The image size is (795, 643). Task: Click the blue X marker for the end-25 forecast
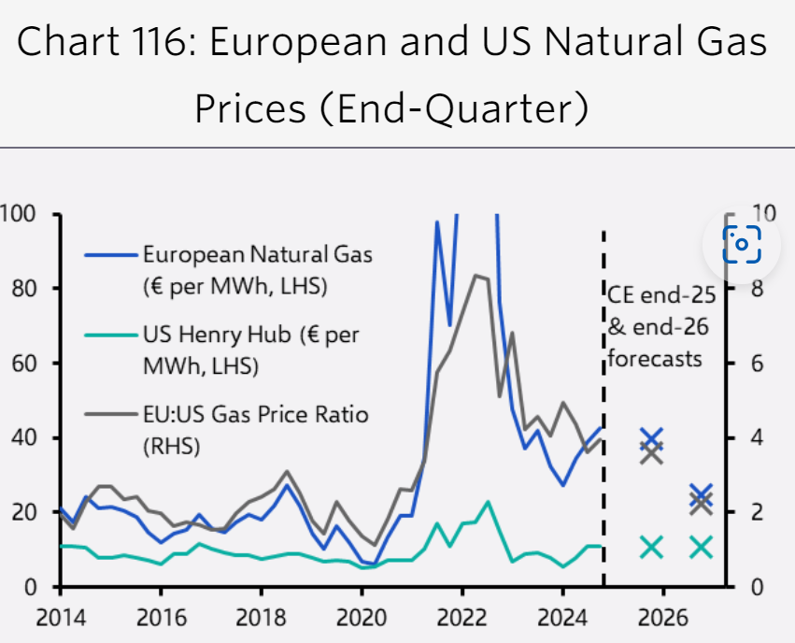pyautogui.click(x=652, y=437)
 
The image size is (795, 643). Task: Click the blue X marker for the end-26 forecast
pyautogui.click(x=702, y=493)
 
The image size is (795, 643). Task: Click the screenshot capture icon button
pyautogui.click(x=741, y=244)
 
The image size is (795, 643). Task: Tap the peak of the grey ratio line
pyautogui.click(x=476, y=275)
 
